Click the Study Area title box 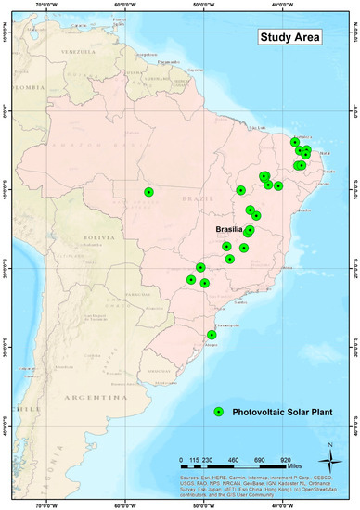(x=289, y=38)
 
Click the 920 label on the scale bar (x=286, y=433)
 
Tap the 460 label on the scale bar (x=233, y=433)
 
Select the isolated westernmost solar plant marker (x=149, y=192)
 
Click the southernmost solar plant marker (x=212, y=335)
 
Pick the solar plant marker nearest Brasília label (x=250, y=230)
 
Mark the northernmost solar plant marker (x=295, y=143)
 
